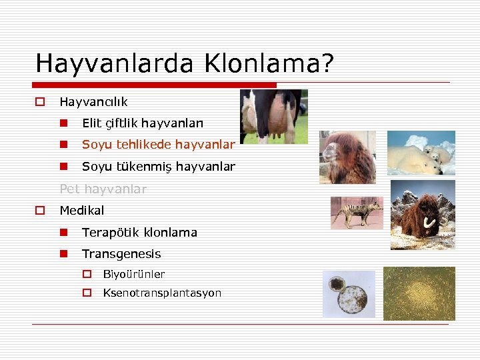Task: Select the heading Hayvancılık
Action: pos(93,102)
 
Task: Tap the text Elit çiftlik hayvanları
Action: pos(143,123)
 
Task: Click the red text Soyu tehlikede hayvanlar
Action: pos(158,145)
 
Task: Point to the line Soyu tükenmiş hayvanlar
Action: pos(158,167)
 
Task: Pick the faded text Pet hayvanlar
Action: pos(103,189)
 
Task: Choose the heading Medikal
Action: pos(82,211)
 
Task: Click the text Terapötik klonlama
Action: pos(139,233)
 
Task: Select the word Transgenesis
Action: pos(121,254)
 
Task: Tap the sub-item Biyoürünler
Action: pos(133,274)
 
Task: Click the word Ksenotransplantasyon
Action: pos(162,293)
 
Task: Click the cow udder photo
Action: pos(273,116)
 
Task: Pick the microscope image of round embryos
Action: pos(349,293)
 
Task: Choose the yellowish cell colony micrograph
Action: pos(419,293)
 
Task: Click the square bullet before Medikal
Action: pos(40,211)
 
